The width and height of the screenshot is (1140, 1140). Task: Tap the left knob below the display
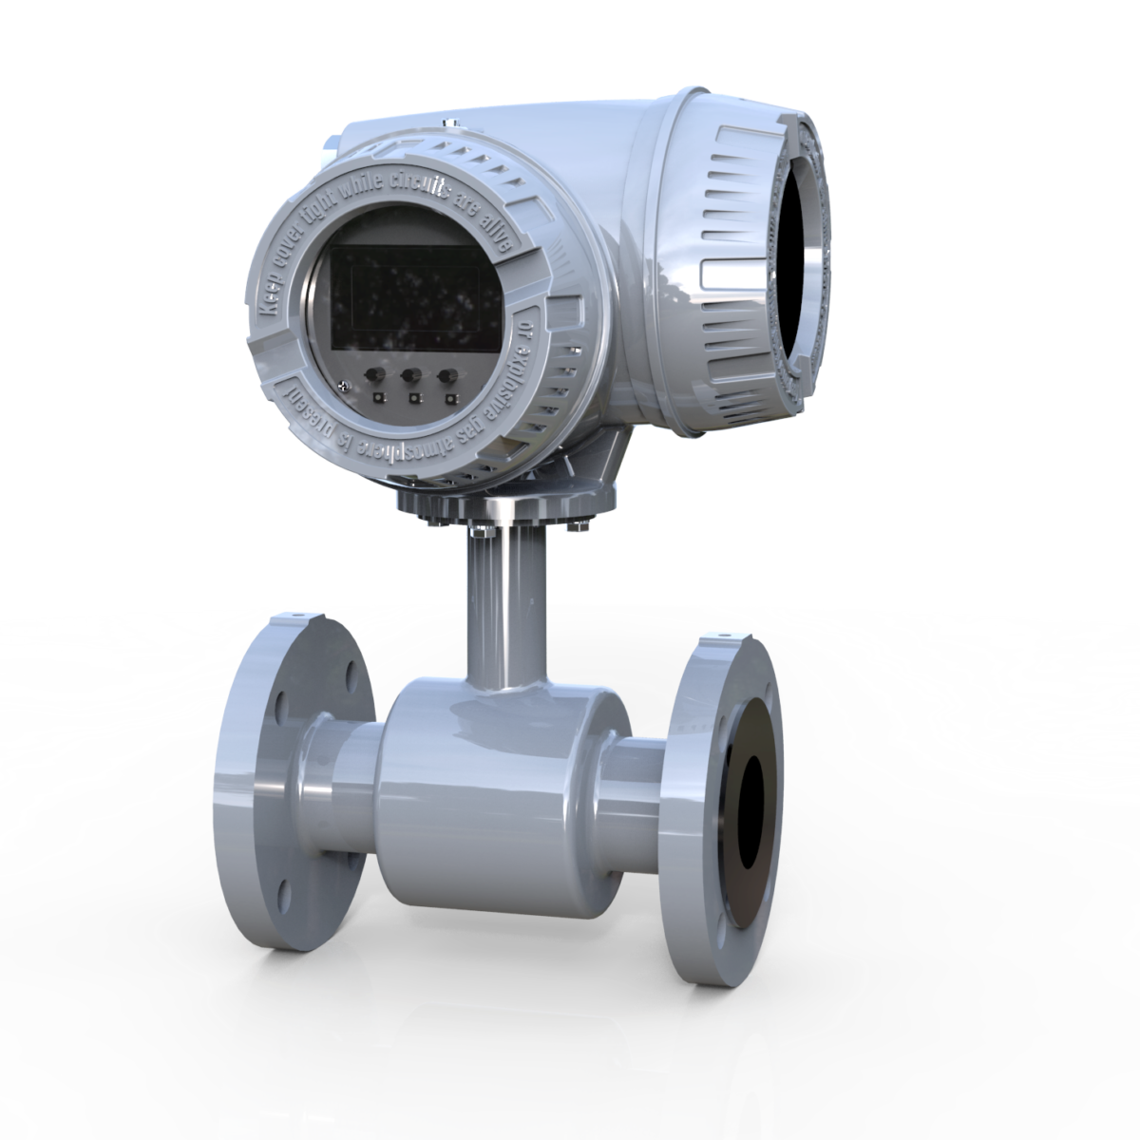point(377,376)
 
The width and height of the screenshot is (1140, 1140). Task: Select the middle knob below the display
point(412,377)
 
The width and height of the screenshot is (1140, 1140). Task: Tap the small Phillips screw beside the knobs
point(344,385)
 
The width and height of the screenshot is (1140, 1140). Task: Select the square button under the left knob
point(378,396)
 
